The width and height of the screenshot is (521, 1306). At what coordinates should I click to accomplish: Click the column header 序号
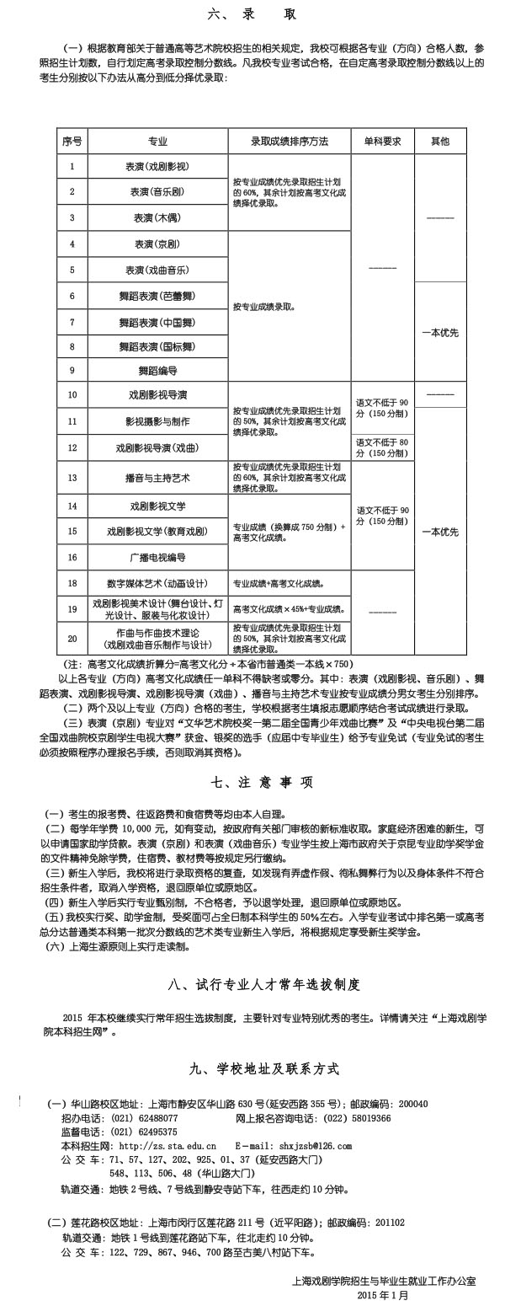[x=72, y=142]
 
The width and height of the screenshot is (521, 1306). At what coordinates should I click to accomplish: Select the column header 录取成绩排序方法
[x=290, y=142]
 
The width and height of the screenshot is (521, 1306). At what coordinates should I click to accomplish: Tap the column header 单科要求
[x=382, y=142]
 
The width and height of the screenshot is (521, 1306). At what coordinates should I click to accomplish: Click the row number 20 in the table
[x=72, y=639]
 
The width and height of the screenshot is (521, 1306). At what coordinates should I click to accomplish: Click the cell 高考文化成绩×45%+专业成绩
[x=290, y=608]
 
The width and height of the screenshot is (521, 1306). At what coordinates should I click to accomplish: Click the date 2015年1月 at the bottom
[x=382, y=1294]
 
